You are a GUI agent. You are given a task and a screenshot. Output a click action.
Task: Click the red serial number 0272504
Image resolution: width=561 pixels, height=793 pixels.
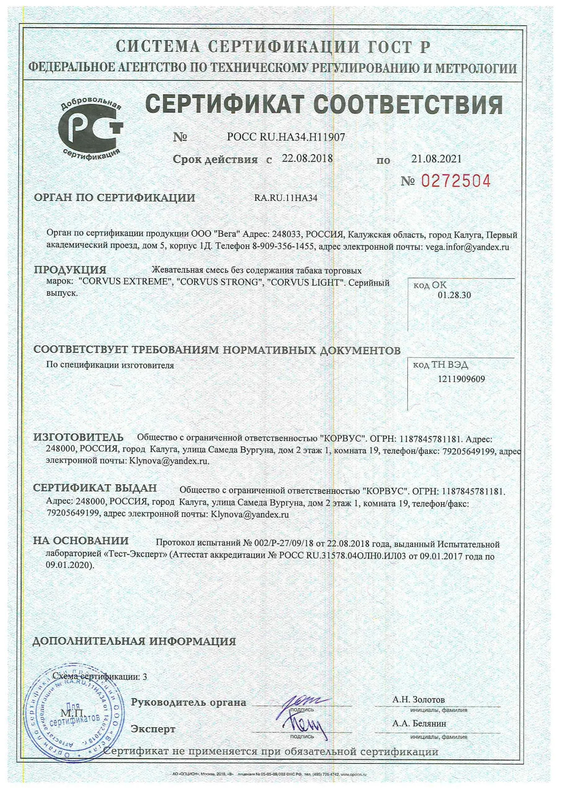click(x=456, y=181)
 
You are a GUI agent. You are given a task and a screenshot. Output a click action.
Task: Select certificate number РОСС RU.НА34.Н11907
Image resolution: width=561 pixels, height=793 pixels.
click(x=285, y=137)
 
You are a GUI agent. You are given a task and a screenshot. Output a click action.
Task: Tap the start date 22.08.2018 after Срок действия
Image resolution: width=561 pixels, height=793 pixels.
click(x=307, y=159)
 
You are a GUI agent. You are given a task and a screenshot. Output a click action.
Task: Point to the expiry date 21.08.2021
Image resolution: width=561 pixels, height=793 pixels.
click(x=436, y=159)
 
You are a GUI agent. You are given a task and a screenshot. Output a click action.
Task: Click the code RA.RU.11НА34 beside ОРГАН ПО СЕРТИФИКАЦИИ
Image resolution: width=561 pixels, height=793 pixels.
click(x=285, y=198)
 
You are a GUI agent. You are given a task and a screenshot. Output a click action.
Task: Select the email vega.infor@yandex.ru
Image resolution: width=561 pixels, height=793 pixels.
click(x=467, y=247)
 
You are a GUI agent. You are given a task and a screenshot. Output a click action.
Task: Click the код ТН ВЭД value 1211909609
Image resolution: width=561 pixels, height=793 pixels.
click(x=461, y=379)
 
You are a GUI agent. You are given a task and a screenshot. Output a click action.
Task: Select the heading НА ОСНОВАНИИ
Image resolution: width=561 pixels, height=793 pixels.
click(x=81, y=541)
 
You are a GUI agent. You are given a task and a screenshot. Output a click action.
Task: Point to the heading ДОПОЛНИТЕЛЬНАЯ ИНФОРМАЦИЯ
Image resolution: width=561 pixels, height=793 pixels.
click(x=134, y=642)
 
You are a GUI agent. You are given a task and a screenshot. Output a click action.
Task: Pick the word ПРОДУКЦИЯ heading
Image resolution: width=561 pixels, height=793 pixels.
click(x=70, y=270)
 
